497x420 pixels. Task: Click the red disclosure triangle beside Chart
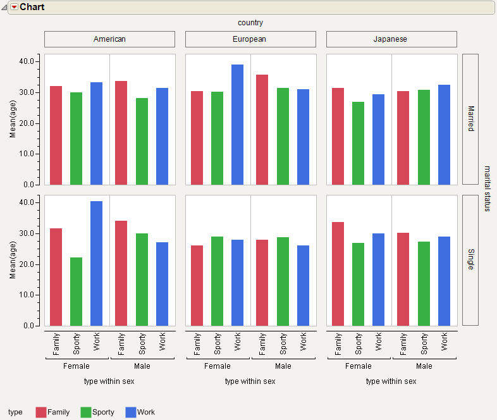point(14,7)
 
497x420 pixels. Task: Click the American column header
point(109,39)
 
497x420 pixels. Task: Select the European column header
point(250,39)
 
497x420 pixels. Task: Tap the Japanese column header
point(391,39)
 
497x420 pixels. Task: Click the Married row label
point(470,119)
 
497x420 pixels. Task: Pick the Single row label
point(470,260)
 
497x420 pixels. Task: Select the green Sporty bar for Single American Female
point(76,292)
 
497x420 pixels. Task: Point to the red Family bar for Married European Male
point(262,130)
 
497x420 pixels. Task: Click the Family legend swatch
point(41,412)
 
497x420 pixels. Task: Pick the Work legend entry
point(140,412)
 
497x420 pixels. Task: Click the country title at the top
point(250,23)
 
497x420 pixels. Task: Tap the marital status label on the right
point(488,188)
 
